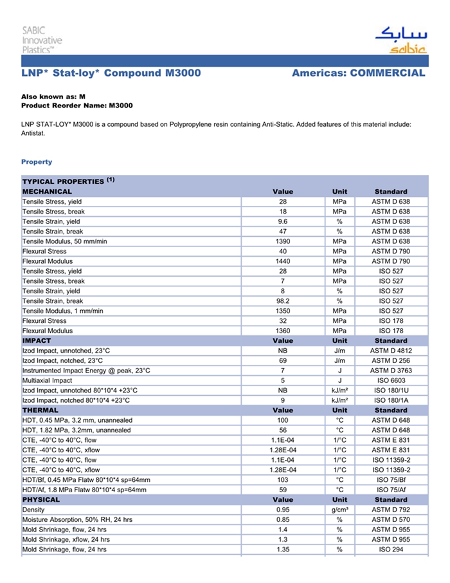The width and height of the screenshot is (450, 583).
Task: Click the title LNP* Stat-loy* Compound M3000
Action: (111, 73)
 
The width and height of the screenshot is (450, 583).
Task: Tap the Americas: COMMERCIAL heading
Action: (358, 73)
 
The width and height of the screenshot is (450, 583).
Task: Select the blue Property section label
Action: (37, 162)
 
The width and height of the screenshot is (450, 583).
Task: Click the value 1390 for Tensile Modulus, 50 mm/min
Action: (283, 241)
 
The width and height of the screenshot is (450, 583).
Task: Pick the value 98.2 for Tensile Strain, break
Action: (283, 301)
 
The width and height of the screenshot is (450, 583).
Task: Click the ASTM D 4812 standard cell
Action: (391, 351)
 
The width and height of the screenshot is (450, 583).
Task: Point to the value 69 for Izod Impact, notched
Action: (283, 360)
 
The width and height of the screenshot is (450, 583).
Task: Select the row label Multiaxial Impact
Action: (48, 380)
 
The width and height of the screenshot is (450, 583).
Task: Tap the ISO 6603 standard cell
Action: (391, 380)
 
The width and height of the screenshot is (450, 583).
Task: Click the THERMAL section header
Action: (40, 410)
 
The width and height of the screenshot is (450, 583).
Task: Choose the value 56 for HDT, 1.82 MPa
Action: (283, 430)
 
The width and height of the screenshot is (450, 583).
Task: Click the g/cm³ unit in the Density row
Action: (339, 510)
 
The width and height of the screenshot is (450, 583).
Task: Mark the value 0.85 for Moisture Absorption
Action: (283, 519)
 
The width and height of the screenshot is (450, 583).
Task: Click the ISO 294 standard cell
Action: (391, 550)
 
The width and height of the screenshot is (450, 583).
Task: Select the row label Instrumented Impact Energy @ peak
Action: (86, 371)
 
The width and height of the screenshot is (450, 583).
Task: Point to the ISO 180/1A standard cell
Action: (391, 400)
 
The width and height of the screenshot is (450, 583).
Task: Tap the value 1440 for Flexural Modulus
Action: (283, 261)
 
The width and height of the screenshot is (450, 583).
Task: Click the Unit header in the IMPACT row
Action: (339, 340)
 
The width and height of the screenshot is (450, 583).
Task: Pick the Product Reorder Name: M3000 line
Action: (77, 105)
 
